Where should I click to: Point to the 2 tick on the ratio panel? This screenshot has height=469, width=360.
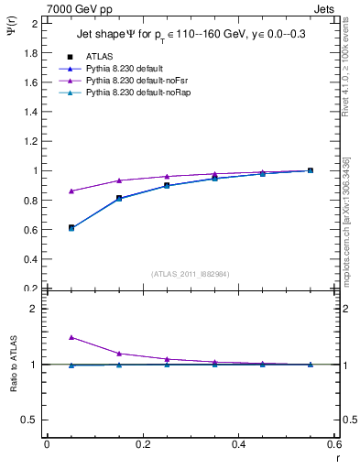coord(38,310)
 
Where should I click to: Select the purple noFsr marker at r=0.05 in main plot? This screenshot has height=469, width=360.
coord(71,191)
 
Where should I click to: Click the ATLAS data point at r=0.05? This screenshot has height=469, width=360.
coord(71,227)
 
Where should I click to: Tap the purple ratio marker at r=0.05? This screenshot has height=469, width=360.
coord(71,337)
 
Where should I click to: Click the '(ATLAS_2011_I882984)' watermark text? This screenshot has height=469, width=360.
coord(191,273)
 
